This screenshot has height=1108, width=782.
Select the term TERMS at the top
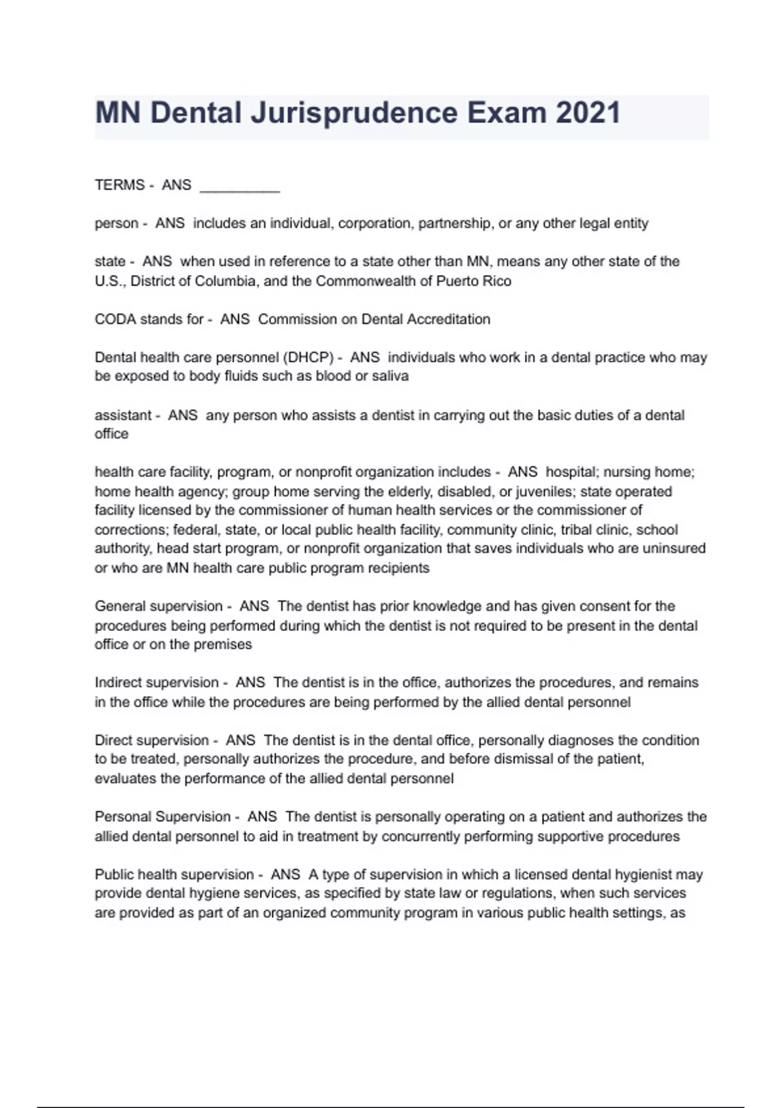point(120,185)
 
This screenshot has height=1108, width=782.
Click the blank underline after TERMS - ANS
point(239,188)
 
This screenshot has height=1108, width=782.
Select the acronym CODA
point(115,319)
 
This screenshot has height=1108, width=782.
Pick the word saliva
point(390,376)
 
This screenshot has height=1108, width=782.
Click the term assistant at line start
point(123,415)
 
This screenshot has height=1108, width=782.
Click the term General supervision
point(158,607)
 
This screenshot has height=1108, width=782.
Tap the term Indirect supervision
point(156,683)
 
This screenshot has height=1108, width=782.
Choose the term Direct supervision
point(151,740)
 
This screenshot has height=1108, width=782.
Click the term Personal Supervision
point(162,817)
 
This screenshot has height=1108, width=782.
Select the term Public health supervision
point(174,875)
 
